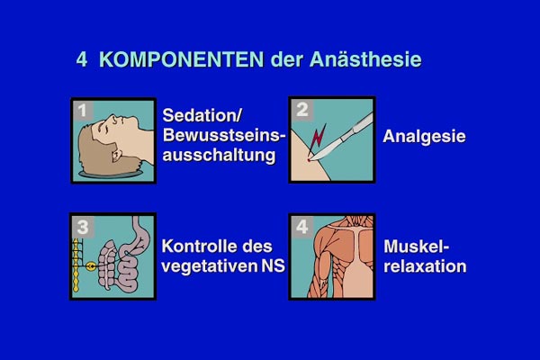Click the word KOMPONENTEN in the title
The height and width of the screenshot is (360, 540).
[182, 59]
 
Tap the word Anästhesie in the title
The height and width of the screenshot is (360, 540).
[365, 59]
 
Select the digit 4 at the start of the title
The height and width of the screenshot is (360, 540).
[82, 59]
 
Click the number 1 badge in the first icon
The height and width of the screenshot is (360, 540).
[83, 111]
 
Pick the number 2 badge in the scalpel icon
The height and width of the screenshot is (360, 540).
[302, 110]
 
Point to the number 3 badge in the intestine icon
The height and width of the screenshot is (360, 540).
[83, 227]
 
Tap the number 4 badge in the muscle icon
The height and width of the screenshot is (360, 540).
[302, 226]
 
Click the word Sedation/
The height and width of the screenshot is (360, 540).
[202, 115]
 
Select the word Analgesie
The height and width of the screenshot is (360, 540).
[424, 137]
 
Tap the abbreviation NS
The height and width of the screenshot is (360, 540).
[273, 266]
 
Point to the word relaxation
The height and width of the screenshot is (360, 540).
[425, 266]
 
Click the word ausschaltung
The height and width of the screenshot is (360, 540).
[219, 156]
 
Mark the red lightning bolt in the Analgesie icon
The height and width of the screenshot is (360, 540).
[318, 138]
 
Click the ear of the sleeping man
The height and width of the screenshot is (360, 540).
[117, 156]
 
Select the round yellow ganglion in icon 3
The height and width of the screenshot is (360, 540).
[91, 266]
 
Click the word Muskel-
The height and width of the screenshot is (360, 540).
[417, 247]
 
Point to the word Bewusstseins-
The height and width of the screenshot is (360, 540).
[224, 135]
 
